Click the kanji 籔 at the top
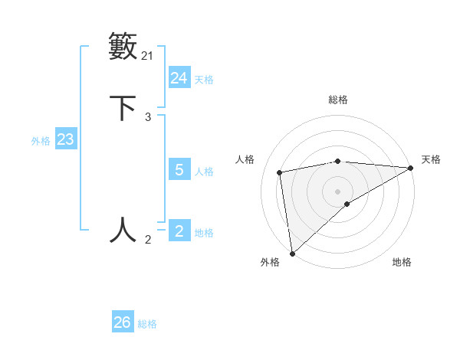(x=123, y=45)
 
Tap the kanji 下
(x=123, y=107)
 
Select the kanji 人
(x=123, y=230)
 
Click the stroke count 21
(x=147, y=55)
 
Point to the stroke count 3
(x=148, y=117)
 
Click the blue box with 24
(x=179, y=78)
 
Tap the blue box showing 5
(x=179, y=170)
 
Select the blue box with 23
(x=65, y=140)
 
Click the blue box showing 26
(x=122, y=322)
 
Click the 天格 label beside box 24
(x=203, y=79)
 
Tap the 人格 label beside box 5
(x=203, y=171)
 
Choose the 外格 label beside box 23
(x=41, y=141)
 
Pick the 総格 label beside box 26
(x=147, y=324)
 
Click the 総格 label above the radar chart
(x=338, y=100)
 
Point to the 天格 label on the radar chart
(x=431, y=159)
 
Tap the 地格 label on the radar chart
(x=402, y=262)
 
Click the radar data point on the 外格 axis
(x=292, y=253)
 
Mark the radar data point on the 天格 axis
(x=410, y=168)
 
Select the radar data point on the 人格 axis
(x=281, y=172)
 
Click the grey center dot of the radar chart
(x=338, y=191)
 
